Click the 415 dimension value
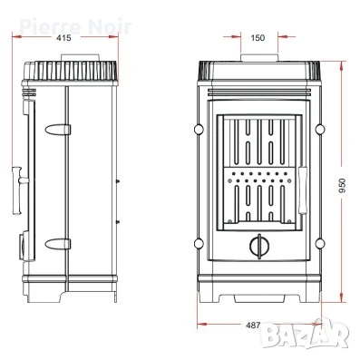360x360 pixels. point(63,38)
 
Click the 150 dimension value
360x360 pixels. point(258,38)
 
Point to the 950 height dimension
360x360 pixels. point(342,187)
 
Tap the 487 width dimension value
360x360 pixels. point(253,326)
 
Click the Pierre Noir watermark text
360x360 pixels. point(75,27)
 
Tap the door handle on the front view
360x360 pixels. point(301,190)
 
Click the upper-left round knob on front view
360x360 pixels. point(199,130)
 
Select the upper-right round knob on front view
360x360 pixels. point(320,130)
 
